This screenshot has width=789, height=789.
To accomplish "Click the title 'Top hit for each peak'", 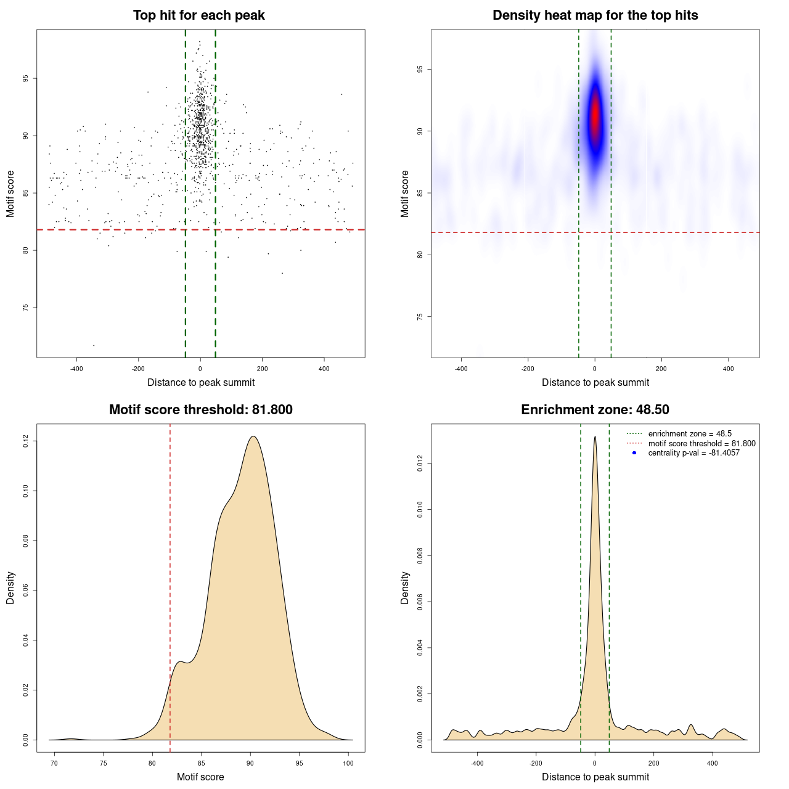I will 198,15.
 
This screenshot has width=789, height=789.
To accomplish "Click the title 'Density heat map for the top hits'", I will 595,15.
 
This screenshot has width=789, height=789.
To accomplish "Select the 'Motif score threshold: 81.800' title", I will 200,410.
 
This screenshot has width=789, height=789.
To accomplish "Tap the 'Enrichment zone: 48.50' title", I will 595,410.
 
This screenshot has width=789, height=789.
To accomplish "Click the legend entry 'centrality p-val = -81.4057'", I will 693,453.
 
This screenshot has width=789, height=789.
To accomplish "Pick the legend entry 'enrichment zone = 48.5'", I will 690,434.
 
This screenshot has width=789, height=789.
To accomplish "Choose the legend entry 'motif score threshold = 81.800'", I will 701,443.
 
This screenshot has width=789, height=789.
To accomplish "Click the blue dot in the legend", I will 634,453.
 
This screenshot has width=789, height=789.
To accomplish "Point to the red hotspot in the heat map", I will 595,117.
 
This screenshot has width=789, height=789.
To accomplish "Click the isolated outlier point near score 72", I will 94,345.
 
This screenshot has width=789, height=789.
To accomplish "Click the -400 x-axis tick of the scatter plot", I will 76,369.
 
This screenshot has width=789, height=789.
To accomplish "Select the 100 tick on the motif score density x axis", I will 348,764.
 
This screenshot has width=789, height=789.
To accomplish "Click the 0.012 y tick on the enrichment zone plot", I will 420,463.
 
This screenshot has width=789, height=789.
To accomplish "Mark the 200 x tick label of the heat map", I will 661,369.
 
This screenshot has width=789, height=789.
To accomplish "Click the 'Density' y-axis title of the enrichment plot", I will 405,587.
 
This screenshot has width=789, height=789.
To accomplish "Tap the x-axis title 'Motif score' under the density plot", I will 200,777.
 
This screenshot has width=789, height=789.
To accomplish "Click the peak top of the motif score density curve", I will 253,436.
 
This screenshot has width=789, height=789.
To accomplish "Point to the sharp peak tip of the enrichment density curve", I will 595,436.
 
